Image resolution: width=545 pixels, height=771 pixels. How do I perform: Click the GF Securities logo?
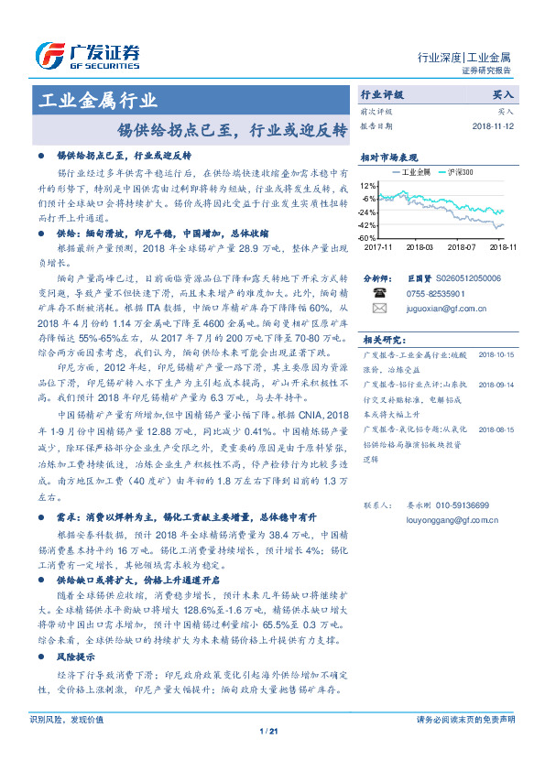click(87, 56)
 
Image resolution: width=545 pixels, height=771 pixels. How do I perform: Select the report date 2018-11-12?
click(495, 126)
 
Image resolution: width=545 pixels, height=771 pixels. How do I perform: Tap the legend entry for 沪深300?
click(460, 171)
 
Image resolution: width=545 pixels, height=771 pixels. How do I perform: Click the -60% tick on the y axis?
click(367, 238)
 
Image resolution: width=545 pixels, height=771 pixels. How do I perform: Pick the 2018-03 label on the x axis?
click(419, 247)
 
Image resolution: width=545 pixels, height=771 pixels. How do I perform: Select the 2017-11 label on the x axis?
click(376, 247)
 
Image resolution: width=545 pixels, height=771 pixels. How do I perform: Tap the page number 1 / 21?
click(268, 730)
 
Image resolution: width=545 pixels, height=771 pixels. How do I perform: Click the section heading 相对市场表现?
click(396, 157)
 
